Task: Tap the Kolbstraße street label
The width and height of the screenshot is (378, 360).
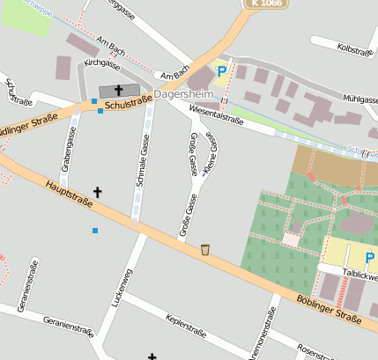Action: coord(355,51)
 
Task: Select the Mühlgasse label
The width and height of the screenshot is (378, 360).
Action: coord(357,99)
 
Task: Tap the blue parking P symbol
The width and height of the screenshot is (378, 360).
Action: coord(222,71)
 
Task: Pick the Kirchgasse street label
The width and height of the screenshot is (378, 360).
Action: coord(101,64)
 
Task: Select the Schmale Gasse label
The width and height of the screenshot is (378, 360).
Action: coord(143,158)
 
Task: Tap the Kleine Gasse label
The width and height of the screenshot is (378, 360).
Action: coord(210,156)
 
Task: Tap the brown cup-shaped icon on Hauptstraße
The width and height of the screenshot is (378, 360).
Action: coord(205,250)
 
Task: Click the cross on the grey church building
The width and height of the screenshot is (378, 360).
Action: coord(118,90)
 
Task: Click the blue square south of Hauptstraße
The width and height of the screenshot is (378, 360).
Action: coord(95,231)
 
